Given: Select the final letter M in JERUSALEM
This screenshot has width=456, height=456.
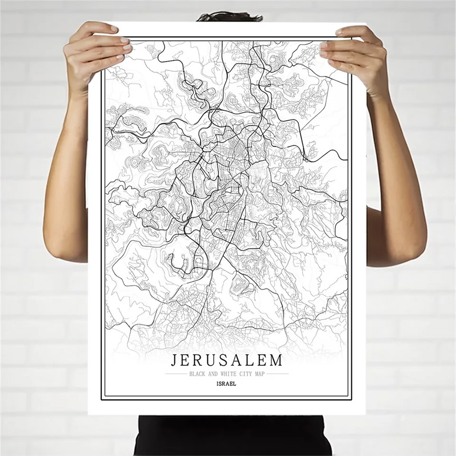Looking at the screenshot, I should click(276, 360).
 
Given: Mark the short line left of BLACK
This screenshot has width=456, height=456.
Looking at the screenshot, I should click(177, 374).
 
